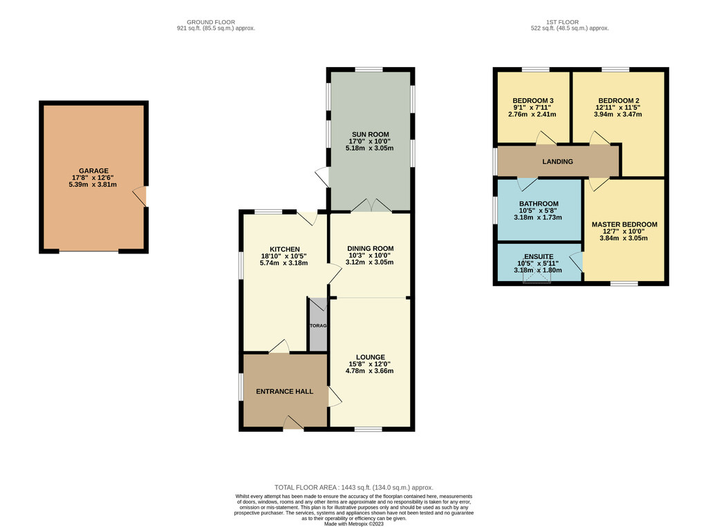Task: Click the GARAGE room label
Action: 93,171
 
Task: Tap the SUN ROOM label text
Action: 371,134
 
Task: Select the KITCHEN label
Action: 284,249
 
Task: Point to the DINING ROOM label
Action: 371,248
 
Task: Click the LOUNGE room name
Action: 371,357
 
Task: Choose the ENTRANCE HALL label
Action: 284,391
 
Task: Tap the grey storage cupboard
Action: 318,324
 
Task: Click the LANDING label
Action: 558,161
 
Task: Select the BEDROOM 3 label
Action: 533,101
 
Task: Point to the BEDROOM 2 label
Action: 619,101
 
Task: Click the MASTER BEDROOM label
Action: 624,224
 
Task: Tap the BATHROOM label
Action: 539,204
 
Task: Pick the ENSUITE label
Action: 539,256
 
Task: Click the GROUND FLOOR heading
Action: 211,21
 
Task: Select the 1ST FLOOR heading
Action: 562,21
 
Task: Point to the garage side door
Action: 140,196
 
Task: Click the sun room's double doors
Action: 371,205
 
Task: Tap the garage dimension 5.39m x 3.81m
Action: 93,184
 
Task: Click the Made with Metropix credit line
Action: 354,524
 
